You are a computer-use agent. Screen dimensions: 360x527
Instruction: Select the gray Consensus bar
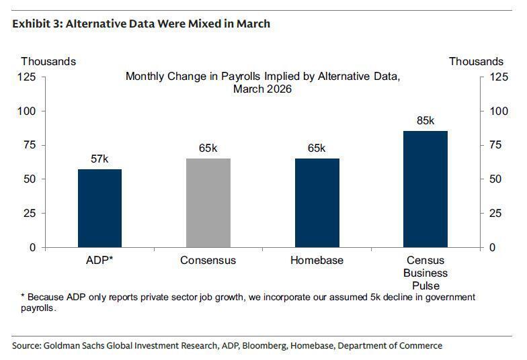tap(208, 203)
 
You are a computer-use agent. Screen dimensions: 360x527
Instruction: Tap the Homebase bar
tap(317, 203)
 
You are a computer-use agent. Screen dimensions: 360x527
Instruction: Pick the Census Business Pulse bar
tap(425, 189)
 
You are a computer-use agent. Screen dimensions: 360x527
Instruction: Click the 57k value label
tap(99, 159)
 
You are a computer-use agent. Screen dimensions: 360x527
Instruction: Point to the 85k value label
tap(425, 121)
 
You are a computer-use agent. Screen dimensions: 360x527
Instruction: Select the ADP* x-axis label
tap(99, 260)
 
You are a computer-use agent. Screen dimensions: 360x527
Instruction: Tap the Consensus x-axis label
tap(208, 260)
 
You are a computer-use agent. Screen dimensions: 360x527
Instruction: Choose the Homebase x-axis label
tap(317, 260)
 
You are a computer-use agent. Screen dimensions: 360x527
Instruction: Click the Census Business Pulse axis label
tap(425, 271)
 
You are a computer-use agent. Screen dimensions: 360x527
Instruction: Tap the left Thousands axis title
tap(48, 61)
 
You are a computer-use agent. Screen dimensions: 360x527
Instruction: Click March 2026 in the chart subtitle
tap(262, 89)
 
